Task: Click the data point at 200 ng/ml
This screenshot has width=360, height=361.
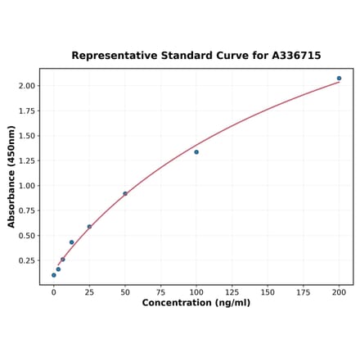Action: [x=339, y=79]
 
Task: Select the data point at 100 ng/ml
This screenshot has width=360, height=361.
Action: [x=196, y=152]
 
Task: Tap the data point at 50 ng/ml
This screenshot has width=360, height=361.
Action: [x=125, y=194]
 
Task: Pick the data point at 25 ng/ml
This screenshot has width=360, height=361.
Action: [x=89, y=227]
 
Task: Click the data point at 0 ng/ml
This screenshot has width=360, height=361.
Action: [x=54, y=275]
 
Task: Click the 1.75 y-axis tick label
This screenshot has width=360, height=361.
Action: [x=26, y=111]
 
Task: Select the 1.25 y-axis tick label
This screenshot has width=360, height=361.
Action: [x=26, y=161]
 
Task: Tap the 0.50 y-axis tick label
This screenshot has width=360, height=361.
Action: [x=26, y=236]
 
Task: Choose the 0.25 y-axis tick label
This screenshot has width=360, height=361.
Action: [x=26, y=261]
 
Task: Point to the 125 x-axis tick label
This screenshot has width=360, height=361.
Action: [x=232, y=291]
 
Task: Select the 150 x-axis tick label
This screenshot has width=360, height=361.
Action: [x=268, y=291]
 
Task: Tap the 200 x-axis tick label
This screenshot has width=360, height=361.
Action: [x=339, y=291]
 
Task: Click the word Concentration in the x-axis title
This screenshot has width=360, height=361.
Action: [x=177, y=303]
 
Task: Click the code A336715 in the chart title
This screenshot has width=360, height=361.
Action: [x=293, y=56]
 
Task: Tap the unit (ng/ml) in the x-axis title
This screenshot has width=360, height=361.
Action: [x=232, y=303]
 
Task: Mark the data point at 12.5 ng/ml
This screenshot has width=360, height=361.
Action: [x=72, y=242]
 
